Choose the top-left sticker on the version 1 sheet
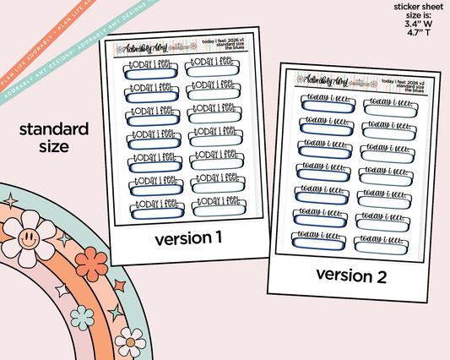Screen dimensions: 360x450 click(x=152, y=69)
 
